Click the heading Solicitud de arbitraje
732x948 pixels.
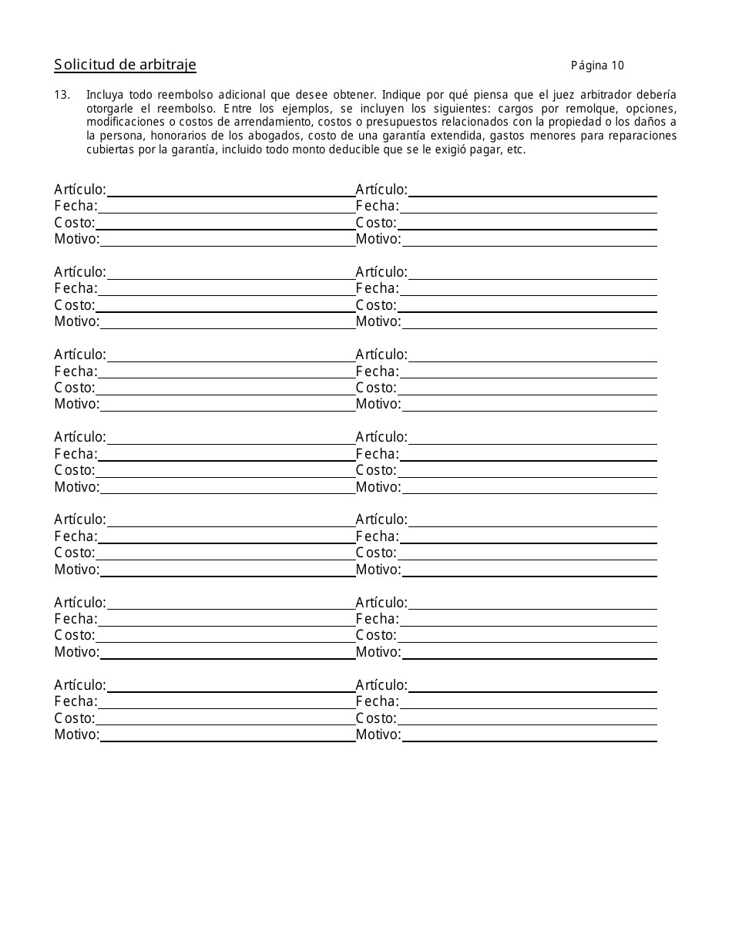[125, 66]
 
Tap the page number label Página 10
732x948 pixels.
[597, 66]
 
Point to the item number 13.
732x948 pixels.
[62, 95]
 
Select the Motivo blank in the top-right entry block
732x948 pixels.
[529, 240]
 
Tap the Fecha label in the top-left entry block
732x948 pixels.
[76, 207]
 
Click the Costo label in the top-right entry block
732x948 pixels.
[376, 224]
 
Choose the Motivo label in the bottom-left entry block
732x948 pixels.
[77, 735]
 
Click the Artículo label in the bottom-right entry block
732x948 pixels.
[381, 685]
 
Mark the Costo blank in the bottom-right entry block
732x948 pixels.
[528, 718]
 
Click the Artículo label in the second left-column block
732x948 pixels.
[80, 272]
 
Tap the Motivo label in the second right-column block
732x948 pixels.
[378, 322]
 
